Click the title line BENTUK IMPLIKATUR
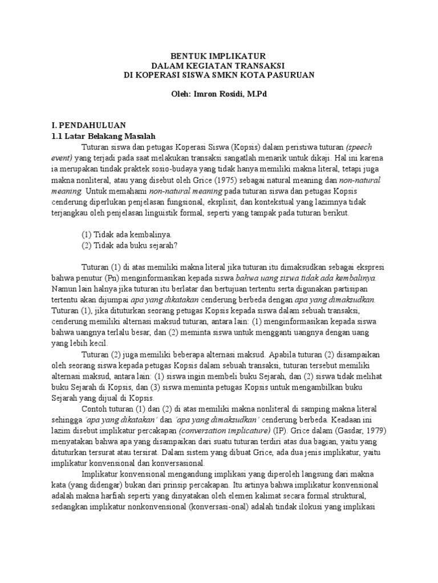(219, 55)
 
